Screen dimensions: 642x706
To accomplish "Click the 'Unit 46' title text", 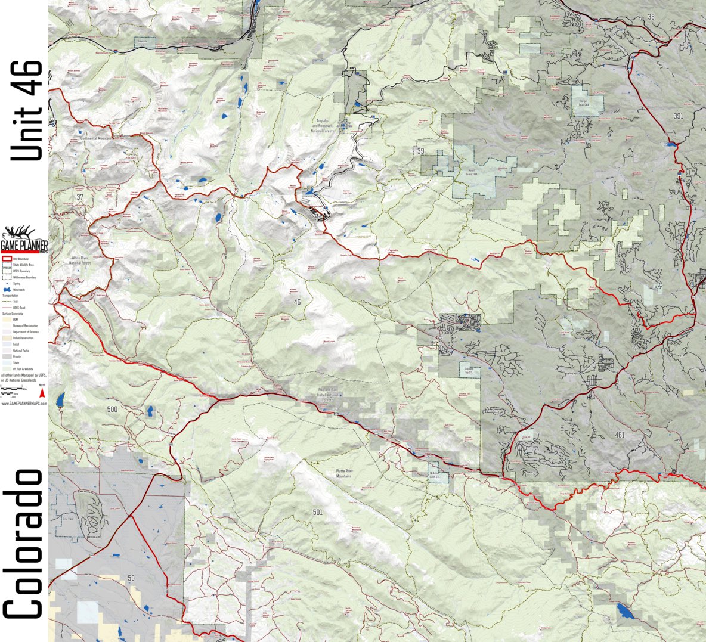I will pos(26,111).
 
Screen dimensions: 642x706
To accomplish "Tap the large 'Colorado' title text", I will pos(24,544).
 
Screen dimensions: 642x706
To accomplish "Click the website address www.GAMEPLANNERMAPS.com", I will pos(24,404).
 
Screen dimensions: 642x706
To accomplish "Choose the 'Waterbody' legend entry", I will pos(14,289).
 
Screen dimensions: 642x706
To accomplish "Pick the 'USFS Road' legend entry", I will pos(14,307).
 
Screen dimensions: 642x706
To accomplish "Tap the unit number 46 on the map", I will pos(297,302).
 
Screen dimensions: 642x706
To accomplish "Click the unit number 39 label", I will pos(420,151).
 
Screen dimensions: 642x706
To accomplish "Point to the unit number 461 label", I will pos(620,435).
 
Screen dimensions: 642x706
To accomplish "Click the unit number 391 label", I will pos(678,116).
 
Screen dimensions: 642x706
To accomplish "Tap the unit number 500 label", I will pos(112,410).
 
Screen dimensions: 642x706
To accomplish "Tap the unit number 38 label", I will pos(651,17).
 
